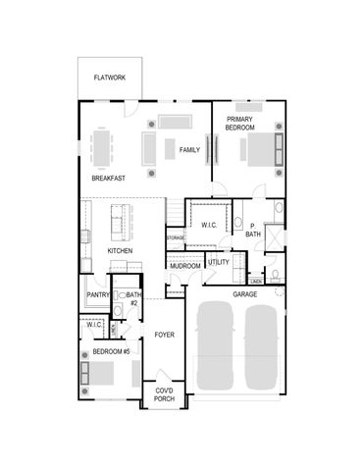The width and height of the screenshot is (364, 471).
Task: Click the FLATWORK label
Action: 110,77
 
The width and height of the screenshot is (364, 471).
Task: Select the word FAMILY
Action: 189,149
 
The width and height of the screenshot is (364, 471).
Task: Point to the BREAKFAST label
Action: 108,179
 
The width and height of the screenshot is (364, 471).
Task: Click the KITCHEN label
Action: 120,251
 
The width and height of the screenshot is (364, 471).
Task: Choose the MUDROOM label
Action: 185,266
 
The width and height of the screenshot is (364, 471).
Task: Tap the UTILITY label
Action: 219,262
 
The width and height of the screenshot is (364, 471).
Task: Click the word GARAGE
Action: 245,292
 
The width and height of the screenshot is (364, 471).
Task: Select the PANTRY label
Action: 97,294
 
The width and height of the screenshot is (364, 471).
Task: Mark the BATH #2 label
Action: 133,298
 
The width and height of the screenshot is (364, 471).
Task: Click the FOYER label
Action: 164,335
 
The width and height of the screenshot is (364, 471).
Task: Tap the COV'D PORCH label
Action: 164,394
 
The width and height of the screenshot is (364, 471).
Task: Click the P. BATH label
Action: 252,230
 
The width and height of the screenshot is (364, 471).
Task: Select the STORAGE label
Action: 175,237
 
